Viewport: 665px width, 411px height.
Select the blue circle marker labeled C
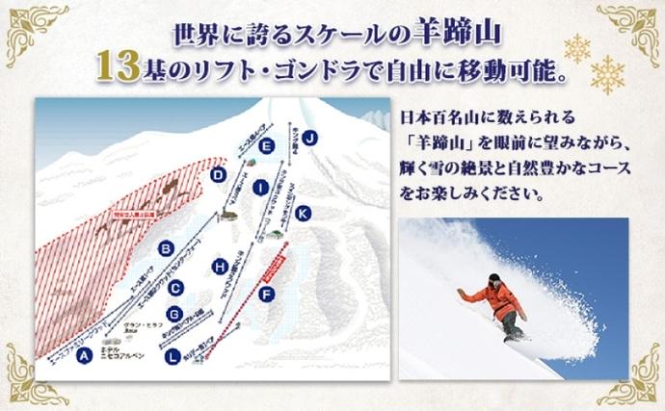click(174, 286)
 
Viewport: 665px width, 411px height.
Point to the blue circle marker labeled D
click(219, 175)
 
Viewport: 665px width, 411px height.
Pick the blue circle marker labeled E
click(267, 147)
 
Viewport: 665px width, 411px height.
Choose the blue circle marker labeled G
click(174, 313)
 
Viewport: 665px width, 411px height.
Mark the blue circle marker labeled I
click(259, 189)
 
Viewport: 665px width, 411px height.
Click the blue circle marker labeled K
click(304, 212)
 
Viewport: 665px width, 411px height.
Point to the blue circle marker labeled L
click(173, 357)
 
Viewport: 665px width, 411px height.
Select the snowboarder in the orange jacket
click(497, 304)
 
